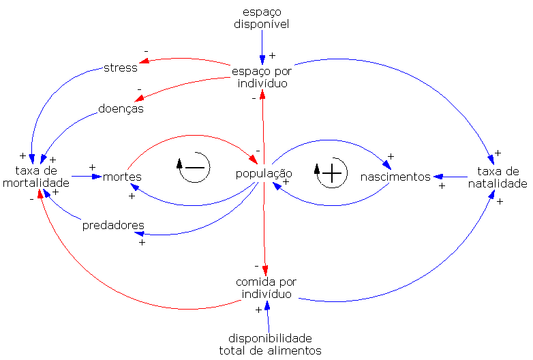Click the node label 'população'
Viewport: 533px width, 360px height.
264,173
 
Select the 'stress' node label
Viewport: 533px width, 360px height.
121,67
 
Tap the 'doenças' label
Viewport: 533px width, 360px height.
121,108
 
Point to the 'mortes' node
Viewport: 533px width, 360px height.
122,177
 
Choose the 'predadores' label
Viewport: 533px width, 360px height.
113,225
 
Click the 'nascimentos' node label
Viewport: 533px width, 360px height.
396,177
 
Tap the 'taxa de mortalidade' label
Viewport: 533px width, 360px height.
35,177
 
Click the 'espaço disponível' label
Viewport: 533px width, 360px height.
262,18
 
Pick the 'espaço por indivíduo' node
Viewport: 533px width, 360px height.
262,77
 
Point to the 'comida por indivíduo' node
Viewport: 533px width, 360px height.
266,288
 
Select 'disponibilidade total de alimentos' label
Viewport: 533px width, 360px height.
270,344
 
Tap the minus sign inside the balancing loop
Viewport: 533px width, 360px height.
195,167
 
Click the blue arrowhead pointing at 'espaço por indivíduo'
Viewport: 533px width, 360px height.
262,59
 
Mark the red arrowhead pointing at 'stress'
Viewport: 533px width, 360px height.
144,65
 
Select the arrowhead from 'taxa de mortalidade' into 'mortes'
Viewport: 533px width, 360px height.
97,177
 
